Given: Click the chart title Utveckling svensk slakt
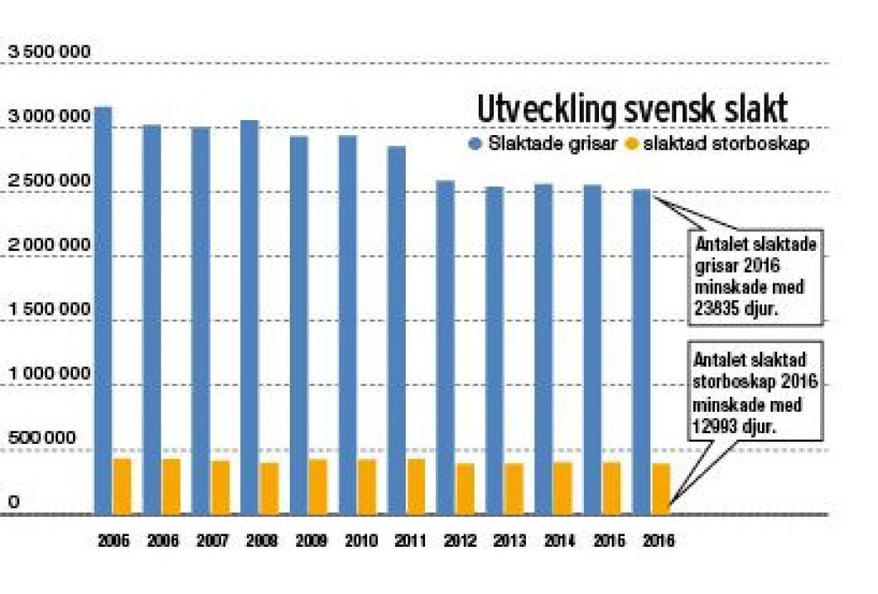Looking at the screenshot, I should pos(631,110).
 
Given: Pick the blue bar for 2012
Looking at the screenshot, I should pos(445,348).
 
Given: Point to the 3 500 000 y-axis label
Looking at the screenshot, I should pos(49,52).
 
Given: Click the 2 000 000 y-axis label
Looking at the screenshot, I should pos(49,245).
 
